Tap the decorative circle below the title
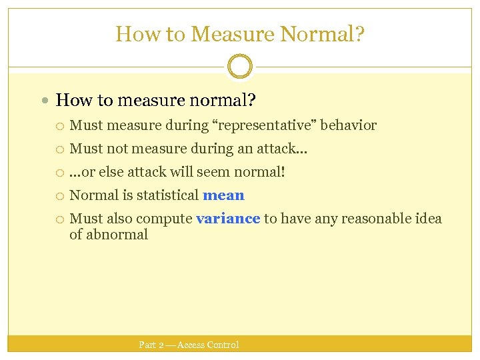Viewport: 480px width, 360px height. (x=240, y=67)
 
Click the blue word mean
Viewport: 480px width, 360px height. (x=223, y=195)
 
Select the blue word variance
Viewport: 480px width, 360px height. (x=228, y=219)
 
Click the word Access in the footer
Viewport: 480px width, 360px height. (x=191, y=345)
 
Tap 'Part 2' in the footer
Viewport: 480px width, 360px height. (x=151, y=345)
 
